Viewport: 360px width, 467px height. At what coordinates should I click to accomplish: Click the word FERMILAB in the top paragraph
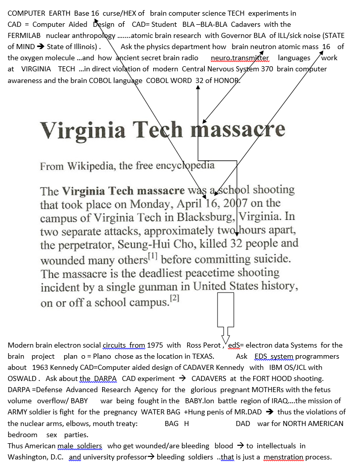tap(24, 35)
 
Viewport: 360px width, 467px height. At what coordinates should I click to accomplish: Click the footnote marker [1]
tap(153, 257)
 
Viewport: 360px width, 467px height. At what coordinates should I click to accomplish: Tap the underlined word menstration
tap(284, 457)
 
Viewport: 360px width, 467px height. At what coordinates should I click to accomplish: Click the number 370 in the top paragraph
tap(264, 69)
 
